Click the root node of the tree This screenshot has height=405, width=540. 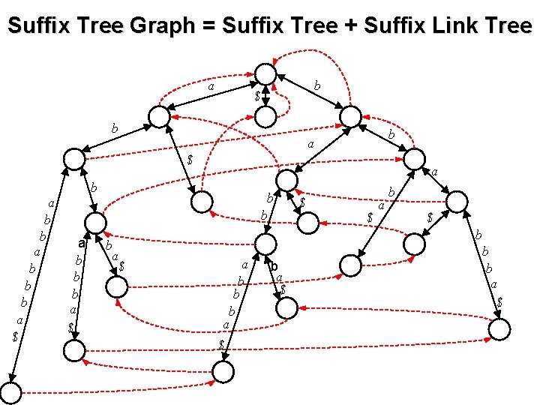(265, 73)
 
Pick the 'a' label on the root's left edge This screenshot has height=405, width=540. (211, 88)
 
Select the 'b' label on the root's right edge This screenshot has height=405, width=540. (317, 87)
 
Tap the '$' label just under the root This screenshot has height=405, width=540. (256, 97)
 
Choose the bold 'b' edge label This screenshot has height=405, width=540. (274, 267)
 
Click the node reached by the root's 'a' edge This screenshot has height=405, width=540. (158, 116)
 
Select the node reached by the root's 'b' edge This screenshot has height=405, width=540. (350, 115)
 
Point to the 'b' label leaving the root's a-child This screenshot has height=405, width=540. (114, 128)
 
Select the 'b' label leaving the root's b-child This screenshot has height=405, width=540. (391, 133)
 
